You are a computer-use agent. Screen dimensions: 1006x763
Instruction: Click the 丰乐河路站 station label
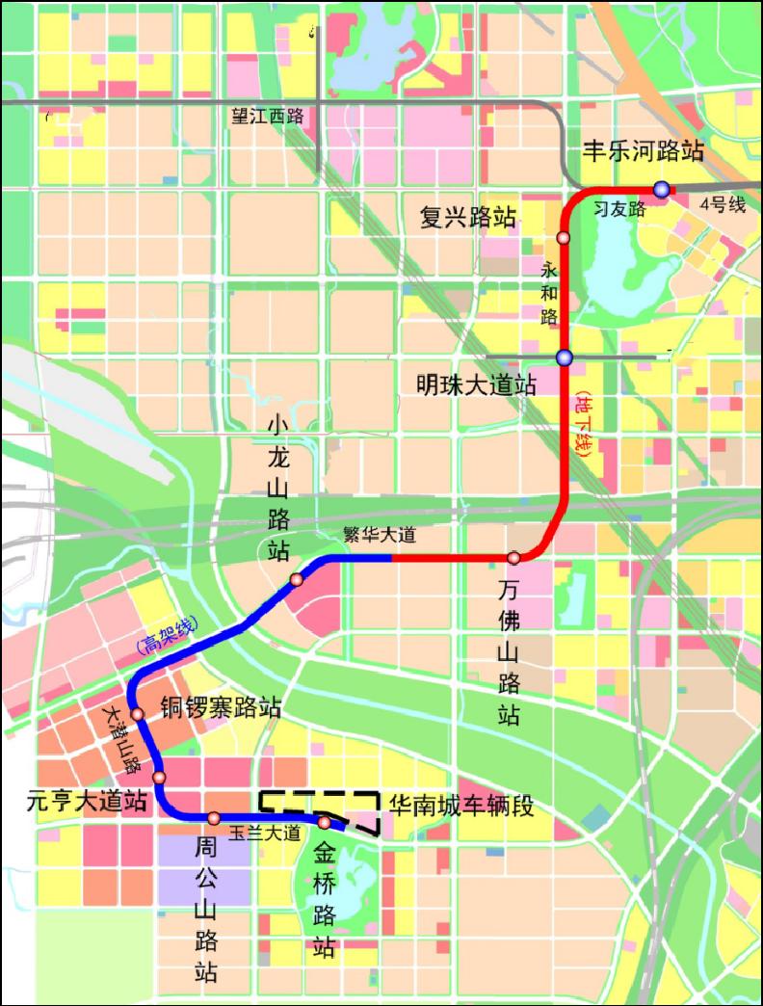tap(644, 151)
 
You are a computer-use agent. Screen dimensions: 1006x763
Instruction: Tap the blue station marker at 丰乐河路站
tap(662, 189)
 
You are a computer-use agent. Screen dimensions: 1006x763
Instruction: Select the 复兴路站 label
tap(467, 217)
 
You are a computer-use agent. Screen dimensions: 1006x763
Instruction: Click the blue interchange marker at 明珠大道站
tap(565, 358)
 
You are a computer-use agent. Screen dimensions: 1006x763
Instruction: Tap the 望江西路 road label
tap(267, 116)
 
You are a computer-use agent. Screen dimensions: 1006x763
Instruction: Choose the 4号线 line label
tap(724, 204)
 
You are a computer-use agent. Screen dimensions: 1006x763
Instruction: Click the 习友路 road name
tap(618, 207)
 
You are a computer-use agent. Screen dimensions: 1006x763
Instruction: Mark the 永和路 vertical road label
tap(550, 290)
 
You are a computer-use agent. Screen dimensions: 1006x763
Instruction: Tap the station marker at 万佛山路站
tap(514, 557)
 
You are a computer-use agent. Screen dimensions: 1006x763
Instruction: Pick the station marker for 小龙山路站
tap(297, 579)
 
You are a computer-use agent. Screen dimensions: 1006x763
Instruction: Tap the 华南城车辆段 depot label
tap(460, 805)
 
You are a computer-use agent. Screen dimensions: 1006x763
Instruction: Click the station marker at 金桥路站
tap(326, 822)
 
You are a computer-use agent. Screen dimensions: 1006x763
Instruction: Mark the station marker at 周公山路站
tap(213, 818)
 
